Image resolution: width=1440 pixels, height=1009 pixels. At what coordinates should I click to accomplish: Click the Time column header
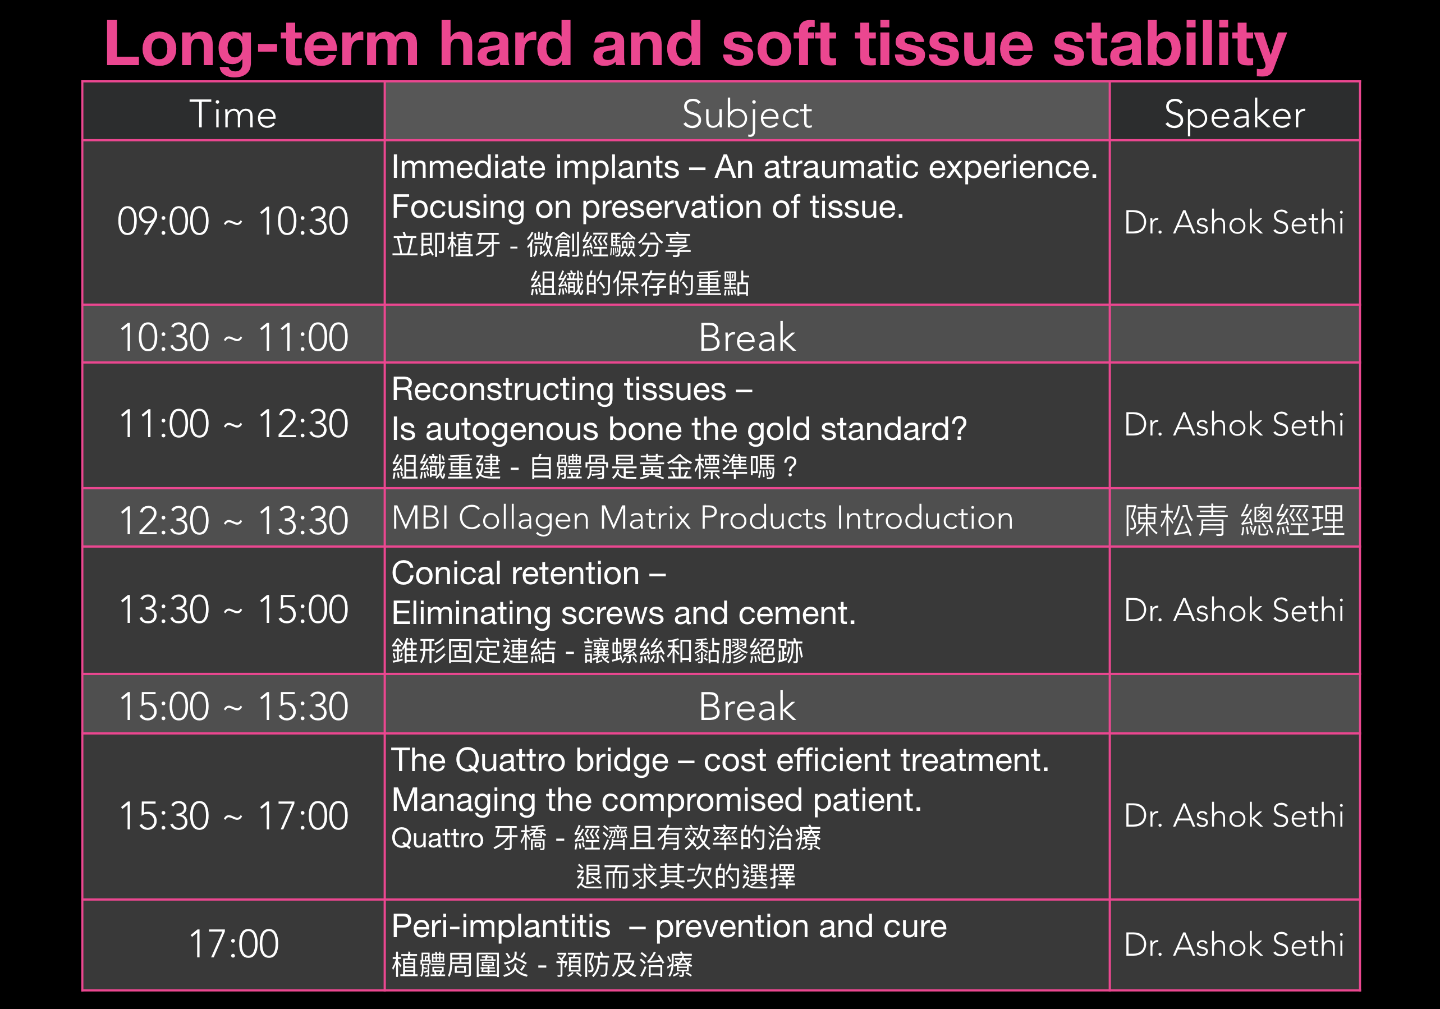click(x=233, y=114)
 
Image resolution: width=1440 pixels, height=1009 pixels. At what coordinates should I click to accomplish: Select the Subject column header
click(x=747, y=114)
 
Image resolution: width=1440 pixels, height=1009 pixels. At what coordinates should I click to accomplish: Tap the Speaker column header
click(x=1234, y=114)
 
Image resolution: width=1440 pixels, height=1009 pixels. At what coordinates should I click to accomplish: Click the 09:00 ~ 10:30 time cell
click(x=233, y=221)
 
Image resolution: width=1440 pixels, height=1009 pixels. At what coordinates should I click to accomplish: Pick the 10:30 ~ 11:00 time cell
click(x=233, y=337)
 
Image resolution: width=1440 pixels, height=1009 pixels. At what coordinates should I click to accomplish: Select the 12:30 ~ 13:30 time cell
click(x=233, y=520)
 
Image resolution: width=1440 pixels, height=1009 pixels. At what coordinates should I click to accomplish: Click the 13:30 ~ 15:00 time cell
click(x=233, y=609)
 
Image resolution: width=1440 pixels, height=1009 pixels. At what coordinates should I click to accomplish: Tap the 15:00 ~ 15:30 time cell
click(x=233, y=707)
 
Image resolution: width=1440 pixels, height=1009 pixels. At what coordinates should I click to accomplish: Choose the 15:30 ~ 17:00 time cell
click(x=233, y=816)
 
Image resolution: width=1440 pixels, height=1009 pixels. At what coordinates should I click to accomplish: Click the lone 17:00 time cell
click(x=233, y=944)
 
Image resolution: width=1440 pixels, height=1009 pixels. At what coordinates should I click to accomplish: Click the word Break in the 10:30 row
click(x=747, y=337)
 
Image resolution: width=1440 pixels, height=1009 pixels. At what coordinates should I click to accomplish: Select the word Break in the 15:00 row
click(x=747, y=707)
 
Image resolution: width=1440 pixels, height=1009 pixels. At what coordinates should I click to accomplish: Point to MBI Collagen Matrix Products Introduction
click(x=702, y=519)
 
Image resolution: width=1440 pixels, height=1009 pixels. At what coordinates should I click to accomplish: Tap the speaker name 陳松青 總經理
click(x=1234, y=520)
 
